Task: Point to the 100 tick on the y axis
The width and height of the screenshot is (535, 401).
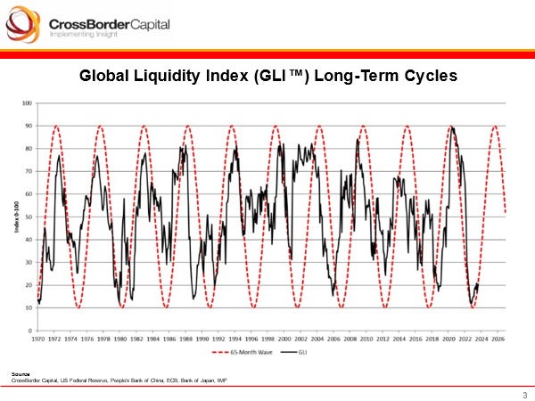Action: (27, 103)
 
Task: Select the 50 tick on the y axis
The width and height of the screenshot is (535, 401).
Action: (28, 217)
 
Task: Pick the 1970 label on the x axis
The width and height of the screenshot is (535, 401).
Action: (38, 339)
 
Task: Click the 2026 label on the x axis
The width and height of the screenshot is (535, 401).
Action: (498, 339)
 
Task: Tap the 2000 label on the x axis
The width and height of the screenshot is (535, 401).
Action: (284, 339)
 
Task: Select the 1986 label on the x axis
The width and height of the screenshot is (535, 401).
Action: (169, 339)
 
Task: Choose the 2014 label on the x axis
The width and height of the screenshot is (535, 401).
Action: (399, 339)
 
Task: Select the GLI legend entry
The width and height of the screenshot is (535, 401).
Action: (309, 353)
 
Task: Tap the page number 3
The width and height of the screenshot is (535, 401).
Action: (523, 395)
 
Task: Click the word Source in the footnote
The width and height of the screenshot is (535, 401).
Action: (19, 373)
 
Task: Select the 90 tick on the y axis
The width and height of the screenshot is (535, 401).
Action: (28, 126)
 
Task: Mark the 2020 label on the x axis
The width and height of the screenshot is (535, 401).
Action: (449, 339)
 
